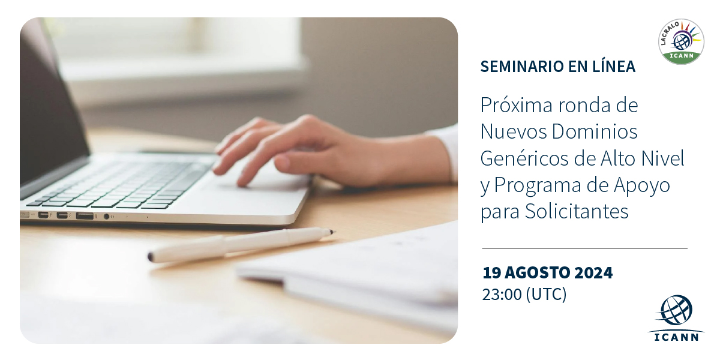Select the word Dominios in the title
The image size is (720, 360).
coord(595,131)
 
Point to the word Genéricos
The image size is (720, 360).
coord(524,158)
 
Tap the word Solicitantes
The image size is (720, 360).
coord(577,211)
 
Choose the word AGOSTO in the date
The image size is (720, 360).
coord(539,272)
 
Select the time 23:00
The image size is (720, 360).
coord(502,295)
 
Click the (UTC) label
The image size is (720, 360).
coord(546,295)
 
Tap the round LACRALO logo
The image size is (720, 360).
coord(681,41)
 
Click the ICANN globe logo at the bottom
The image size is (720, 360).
coord(676,317)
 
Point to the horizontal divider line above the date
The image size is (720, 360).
coord(584,248)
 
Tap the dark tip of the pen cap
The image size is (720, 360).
coord(151,257)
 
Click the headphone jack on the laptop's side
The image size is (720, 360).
coord(106,217)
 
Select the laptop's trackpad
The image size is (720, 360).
coord(257,189)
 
